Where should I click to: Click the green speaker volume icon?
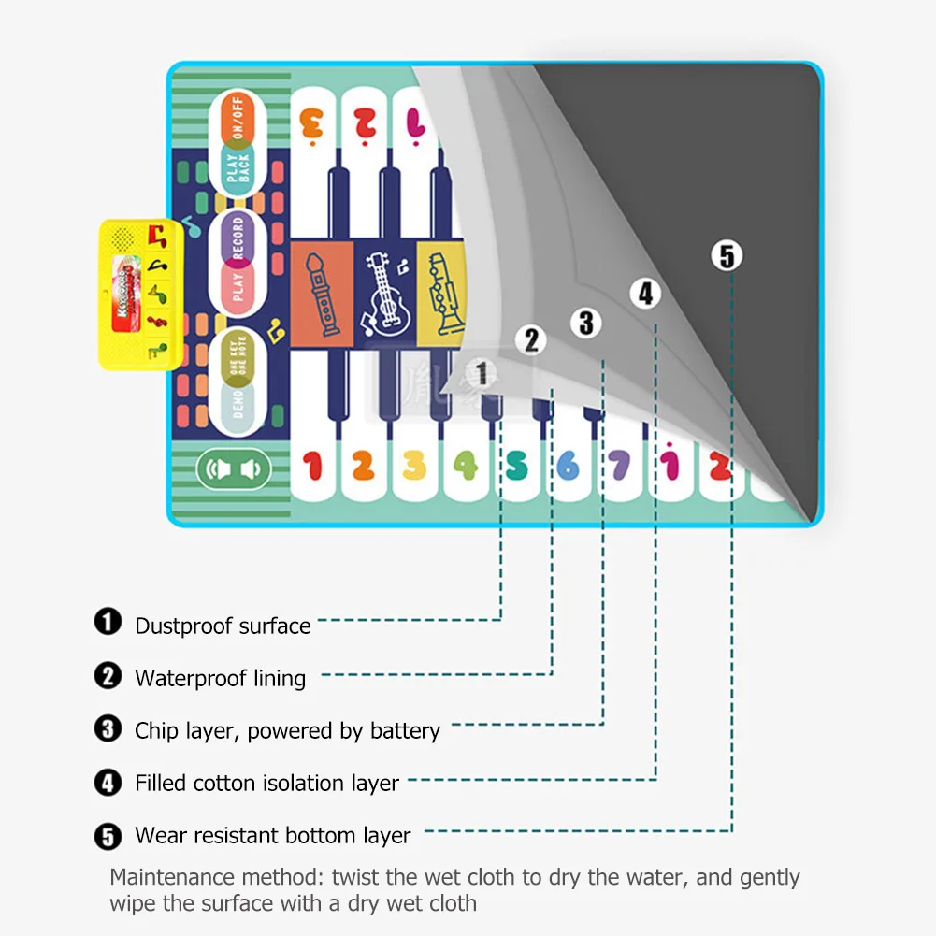pyautogui.click(x=233, y=469)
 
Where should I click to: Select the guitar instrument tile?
pyautogui.click(x=383, y=293)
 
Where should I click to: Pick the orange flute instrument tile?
pyautogui.click(x=321, y=293)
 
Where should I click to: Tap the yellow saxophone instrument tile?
pyautogui.click(x=440, y=291)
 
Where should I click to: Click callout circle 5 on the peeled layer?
pyautogui.click(x=727, y=254)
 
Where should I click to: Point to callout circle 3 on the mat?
pyautogui.click(x=586, y=323)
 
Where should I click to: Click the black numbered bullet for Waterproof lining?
pyautogui.click(x=108, y=675)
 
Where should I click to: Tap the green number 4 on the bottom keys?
pyautogui.click(x=465, y=465)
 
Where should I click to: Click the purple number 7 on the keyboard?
pyautogui.click(x=618, y=465)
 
